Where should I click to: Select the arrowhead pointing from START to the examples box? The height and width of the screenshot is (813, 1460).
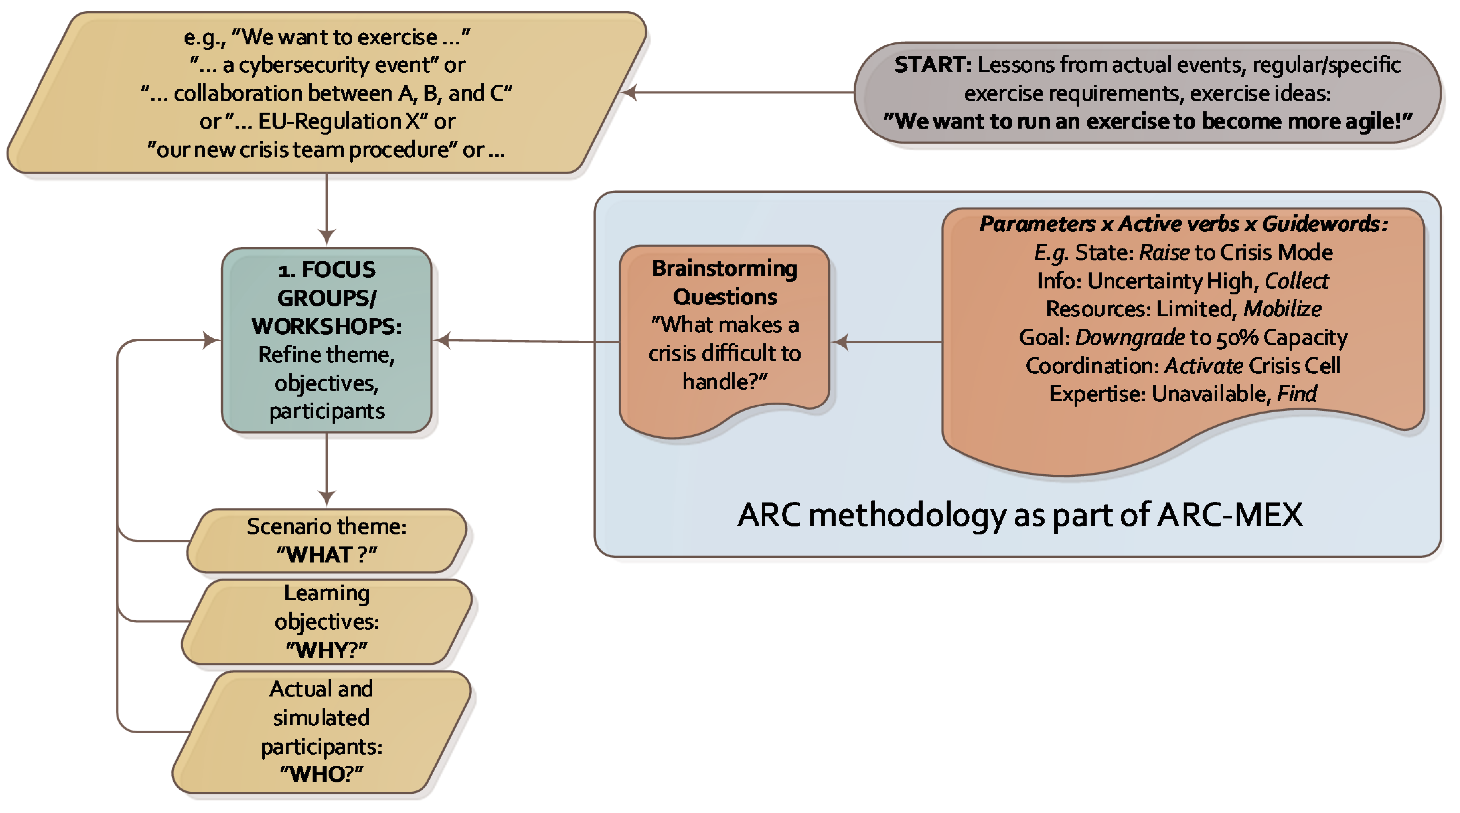[629, 92]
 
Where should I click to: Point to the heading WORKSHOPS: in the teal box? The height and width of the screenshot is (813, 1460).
[327, 326]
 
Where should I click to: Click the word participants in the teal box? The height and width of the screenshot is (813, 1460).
[327, 411]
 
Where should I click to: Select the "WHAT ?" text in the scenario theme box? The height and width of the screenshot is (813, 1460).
[327, 555]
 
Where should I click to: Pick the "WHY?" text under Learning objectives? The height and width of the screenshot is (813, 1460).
[327, 650]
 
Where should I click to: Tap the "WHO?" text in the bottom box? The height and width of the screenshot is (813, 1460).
[321, 773]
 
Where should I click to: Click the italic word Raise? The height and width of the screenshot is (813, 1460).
[1164, 252]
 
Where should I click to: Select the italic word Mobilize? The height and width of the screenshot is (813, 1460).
[1282, 309]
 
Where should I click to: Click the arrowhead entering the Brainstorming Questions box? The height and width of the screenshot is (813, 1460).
[840, 341]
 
